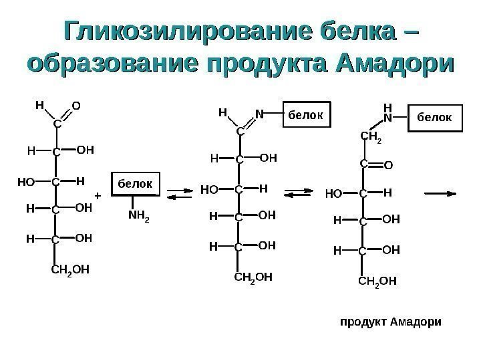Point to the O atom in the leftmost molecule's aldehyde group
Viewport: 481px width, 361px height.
76,106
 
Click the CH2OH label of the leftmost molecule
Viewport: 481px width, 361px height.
70,270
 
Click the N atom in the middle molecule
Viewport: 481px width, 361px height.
258,114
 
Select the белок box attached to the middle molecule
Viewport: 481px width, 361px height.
307,115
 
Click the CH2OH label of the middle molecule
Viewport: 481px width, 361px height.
252,276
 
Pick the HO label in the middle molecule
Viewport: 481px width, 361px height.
210,191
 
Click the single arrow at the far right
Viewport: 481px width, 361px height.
442,193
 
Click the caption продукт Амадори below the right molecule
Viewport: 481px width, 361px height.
391,321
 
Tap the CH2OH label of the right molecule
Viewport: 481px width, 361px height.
377,280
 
